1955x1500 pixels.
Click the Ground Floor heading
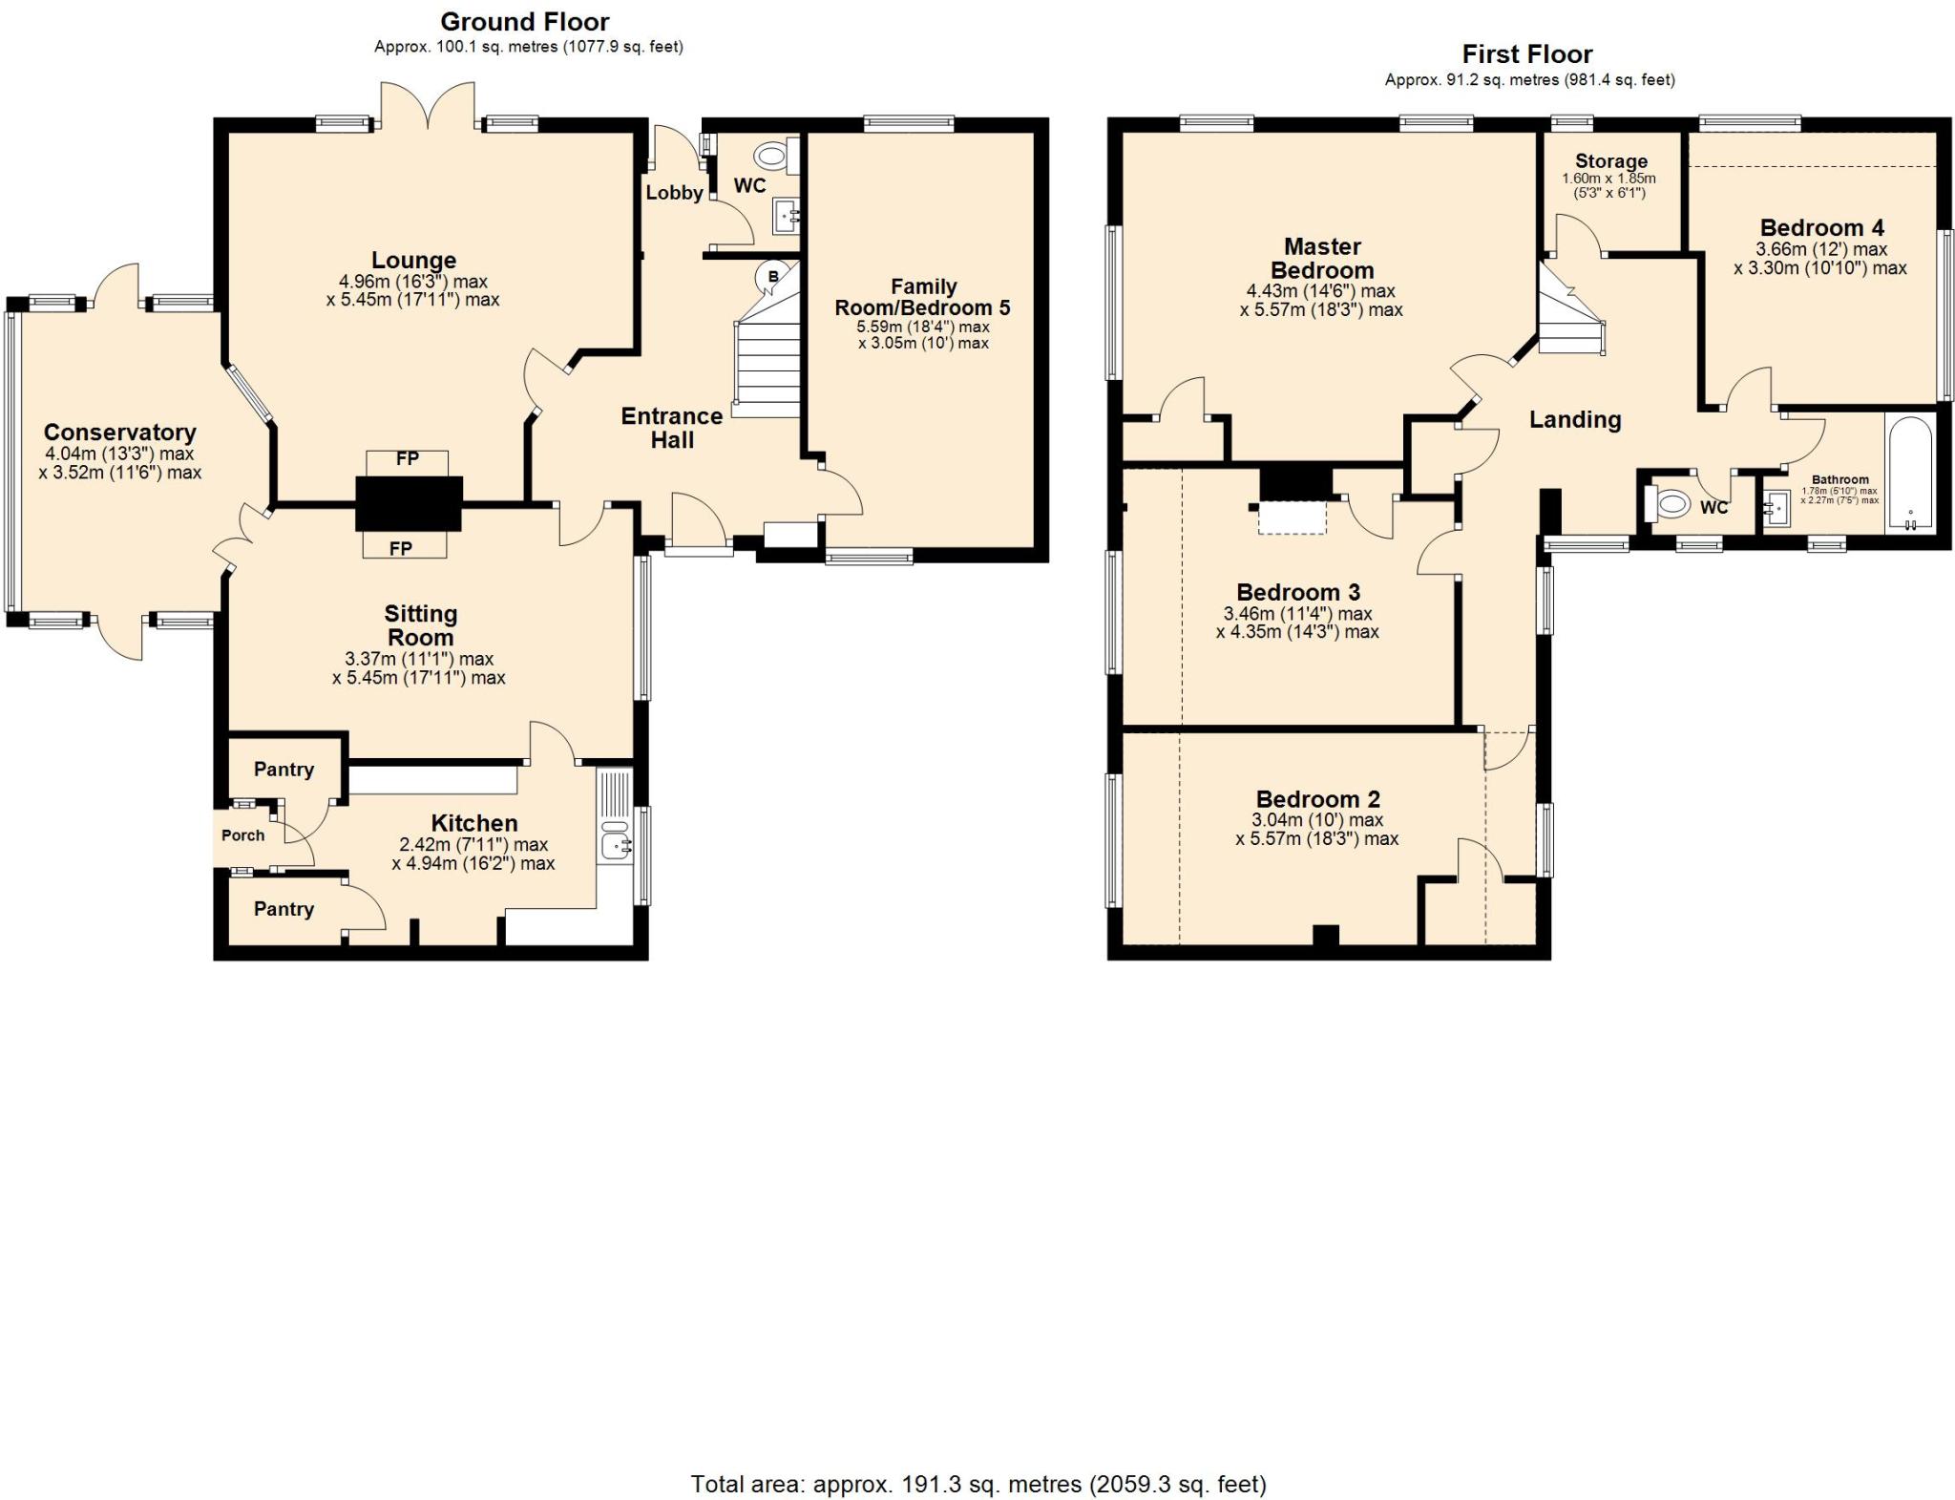click(x=525, y=22)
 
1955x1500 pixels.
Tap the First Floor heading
click(x=1527, y=54)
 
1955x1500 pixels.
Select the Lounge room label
click(x=413, y=260)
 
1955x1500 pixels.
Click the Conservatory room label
click(x=120, y=433)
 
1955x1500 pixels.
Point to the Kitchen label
click(x=474, y=823)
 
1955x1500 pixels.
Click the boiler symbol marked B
click(x=772, y=277)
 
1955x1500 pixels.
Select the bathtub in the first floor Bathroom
click(x=1910, y=474)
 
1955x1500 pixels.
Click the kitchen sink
click(x=615, y=844)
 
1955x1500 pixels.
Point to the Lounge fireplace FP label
click(x=408, y=459)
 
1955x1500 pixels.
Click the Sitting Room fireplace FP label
click(x=401, y=548)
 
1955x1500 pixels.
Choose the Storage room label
click(x=1611, y=161)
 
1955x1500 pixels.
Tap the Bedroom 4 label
click(x=1822, y=227)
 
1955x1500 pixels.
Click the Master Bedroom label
click(x=1322, y=259)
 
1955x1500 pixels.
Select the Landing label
click(x=1575, y=420)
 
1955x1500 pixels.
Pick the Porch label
click(x=243, y=835)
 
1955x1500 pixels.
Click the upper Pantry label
click(x=284, y=770)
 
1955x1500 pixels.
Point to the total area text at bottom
click(x=978, y=1485)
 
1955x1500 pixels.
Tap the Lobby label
click(x=674, y=193)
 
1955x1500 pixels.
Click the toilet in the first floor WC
click(x=1667, y=503)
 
